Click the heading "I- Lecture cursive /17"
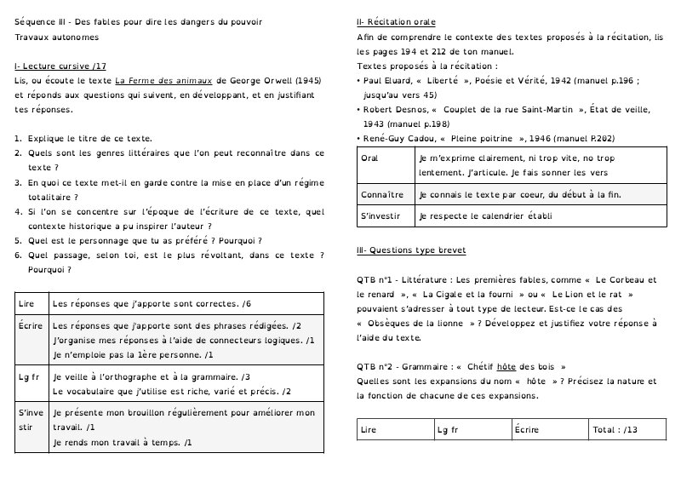60,66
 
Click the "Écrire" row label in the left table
31,326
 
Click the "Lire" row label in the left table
26,303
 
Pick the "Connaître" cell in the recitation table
381,195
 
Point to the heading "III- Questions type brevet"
411,250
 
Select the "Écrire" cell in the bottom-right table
527,430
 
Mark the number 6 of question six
18,255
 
